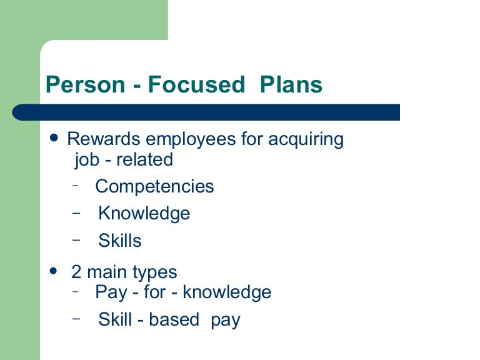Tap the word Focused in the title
197,85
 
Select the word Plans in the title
292,85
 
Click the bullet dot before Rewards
54,137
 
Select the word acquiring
306,139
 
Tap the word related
144,159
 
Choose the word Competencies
154,187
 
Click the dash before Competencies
76,185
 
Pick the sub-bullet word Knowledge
144,214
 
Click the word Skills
120,241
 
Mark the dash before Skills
76,239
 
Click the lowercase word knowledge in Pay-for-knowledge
227,292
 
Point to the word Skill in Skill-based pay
114,320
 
